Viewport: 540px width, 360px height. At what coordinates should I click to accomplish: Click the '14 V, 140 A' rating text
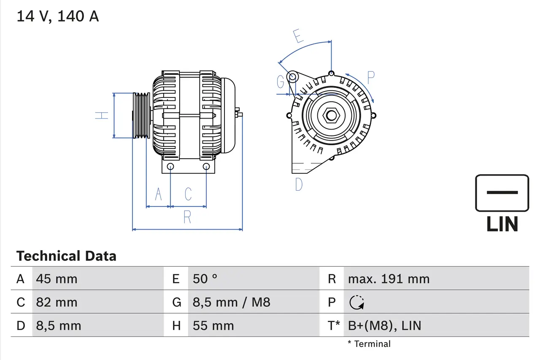57,16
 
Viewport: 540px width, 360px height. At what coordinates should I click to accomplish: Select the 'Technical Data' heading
66,256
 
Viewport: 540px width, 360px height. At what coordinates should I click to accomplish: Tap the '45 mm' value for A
57,279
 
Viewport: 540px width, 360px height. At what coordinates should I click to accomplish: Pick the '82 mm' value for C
57,302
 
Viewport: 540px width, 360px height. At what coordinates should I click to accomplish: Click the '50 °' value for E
205,279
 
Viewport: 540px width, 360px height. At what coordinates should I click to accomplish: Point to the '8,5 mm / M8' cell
231,302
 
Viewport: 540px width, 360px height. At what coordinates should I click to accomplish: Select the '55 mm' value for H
213,325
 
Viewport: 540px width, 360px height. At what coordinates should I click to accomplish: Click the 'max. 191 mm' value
389,279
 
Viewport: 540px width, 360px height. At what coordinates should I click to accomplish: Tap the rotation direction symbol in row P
357,302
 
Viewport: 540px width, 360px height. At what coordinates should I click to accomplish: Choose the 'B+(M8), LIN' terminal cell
384,325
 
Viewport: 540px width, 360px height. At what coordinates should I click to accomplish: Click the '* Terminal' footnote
369,344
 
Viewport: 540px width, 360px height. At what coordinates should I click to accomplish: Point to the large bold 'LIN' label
502,224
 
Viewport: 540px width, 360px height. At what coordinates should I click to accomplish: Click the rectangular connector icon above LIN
502,193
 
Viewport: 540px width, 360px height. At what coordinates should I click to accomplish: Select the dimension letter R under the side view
187,217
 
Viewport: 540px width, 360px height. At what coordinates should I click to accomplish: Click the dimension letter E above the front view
298,36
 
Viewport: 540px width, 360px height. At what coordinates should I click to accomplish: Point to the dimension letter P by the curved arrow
371,77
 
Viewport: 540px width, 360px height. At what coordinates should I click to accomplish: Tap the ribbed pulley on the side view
141,115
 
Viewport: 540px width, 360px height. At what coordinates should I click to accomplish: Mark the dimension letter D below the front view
299,184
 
